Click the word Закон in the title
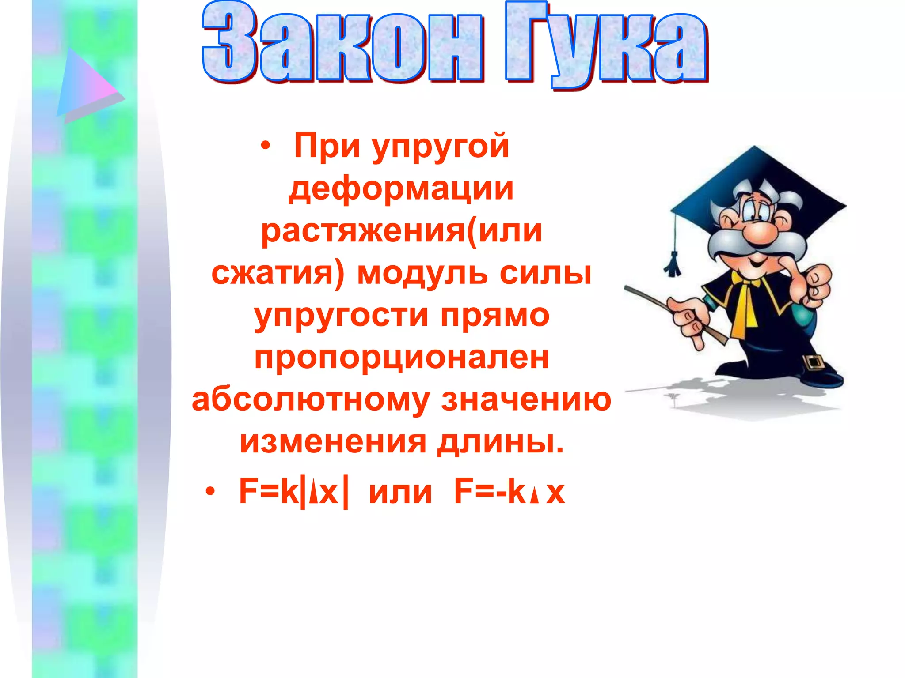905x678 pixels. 342,44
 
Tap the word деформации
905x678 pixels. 401,189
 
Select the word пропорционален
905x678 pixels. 402,358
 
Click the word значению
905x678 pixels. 526,399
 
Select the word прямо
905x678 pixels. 495,316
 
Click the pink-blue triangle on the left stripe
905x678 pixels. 86,86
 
